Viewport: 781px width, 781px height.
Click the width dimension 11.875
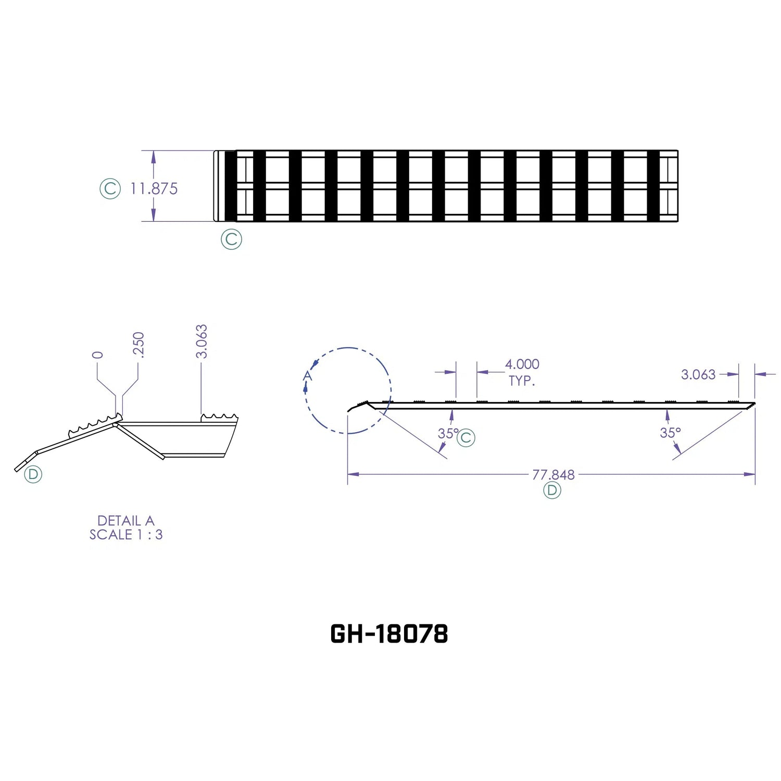[x=154, y=188]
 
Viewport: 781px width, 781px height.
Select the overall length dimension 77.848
[x=553, y=475]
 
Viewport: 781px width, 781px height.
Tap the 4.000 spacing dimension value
[x=522, y=364]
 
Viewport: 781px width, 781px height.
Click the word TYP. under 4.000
[x=522, y=381]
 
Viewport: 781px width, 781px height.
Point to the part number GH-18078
[x=389, y=634]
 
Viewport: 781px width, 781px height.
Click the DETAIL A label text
[x=126, y=521]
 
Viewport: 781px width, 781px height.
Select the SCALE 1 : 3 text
[x=126, y=535]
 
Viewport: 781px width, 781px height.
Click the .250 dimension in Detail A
[x=138, y=345]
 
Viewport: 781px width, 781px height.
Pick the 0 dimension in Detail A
[x=97, y=355]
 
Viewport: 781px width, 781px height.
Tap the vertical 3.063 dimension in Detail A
[x=201, y=342]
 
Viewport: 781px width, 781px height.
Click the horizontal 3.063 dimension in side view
[x=698, y=374]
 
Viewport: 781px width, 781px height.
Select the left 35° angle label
[x=447, y=433]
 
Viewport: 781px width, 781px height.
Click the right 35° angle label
[x=670, y=433]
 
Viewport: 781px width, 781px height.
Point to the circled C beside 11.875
[x=110, y=188]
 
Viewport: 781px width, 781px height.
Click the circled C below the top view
[x=231, y=240]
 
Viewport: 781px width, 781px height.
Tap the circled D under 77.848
[x=552, y=490]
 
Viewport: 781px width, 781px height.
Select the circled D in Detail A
[x=33, y=474]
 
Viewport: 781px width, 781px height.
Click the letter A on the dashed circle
[x=307, y=376]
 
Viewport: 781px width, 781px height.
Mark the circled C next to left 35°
[x=465, y=438]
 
